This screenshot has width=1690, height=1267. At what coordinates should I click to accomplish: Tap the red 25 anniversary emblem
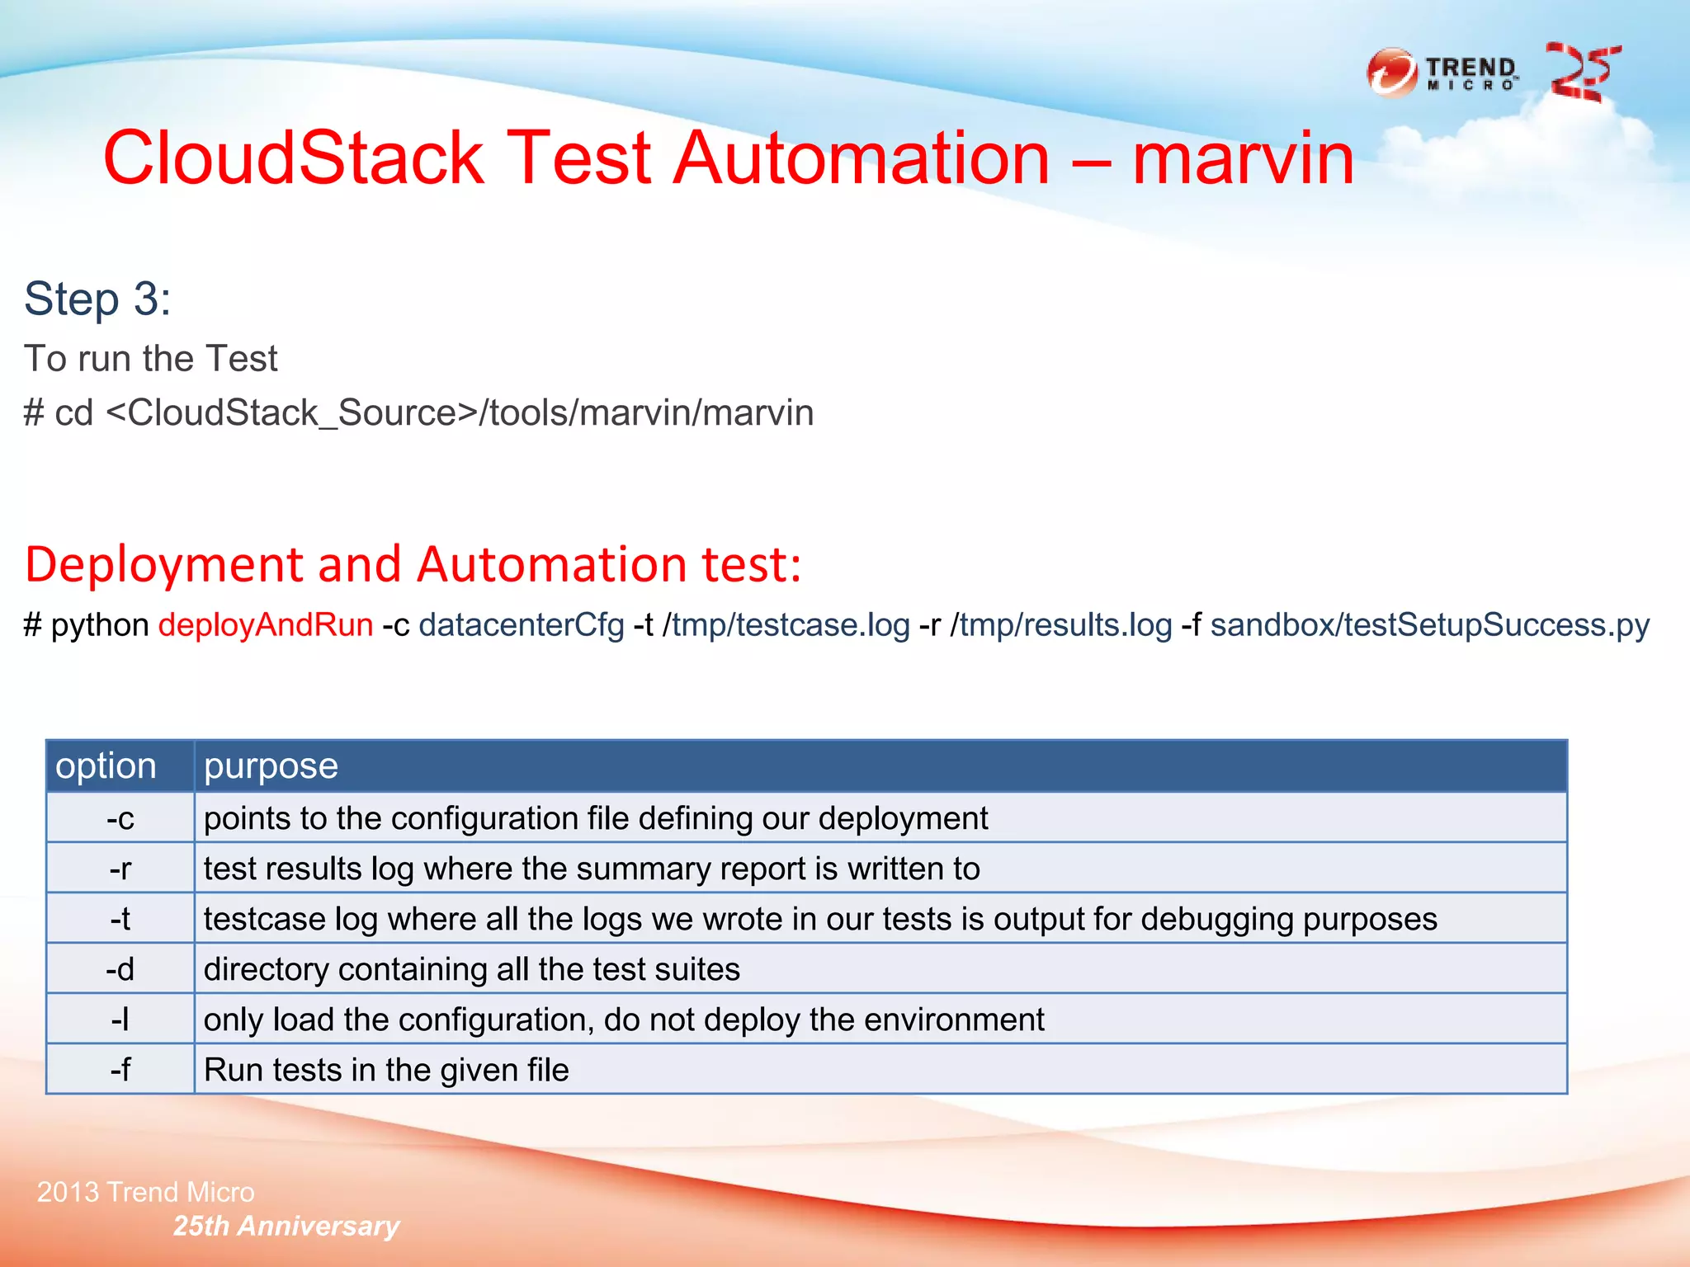coord(1583,73)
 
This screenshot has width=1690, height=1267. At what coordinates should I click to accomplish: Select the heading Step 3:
coord(97,299)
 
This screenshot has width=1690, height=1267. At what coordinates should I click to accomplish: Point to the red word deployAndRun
coord(266,625)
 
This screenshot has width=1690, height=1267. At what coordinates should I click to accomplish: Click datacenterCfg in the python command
coord(522,625)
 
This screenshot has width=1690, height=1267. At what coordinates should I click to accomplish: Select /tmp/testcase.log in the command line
coord(786,625)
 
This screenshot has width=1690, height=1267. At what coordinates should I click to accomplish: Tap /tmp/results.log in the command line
coord(1061,625)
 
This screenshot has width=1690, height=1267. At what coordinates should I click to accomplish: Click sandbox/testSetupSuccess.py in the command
coord(1429,625)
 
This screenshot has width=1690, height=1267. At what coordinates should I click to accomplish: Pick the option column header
coord(106,766)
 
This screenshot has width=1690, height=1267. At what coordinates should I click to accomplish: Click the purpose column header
coord(271,766)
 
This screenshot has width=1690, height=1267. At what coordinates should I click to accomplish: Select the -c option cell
coord(120,818)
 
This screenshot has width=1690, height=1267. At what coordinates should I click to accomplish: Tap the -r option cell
coord(120,869)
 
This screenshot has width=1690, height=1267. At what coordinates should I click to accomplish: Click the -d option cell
coord(120,969)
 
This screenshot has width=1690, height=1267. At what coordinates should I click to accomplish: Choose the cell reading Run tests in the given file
coord(386,1070)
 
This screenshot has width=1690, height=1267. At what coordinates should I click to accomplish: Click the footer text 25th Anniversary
coord(286,1226)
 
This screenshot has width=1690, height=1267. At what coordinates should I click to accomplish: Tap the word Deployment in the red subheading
coord(165,565)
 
